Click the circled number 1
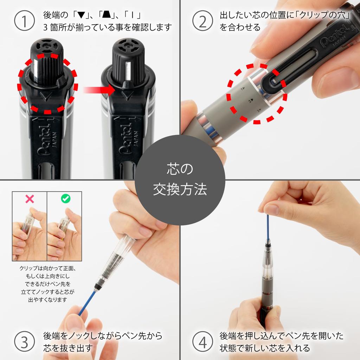click(24, 20)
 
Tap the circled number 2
click(203, 21)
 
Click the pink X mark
click(30, 199)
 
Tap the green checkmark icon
click(66, 199)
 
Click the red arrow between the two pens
click(99, 90)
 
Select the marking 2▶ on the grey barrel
click(250, 100)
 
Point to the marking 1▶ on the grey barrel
click(243, 89)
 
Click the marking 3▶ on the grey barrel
click(259, 111)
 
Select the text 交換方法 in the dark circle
click(180, 189)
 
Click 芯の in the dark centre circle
click(180, 169)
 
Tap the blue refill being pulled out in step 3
click(87, 302)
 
